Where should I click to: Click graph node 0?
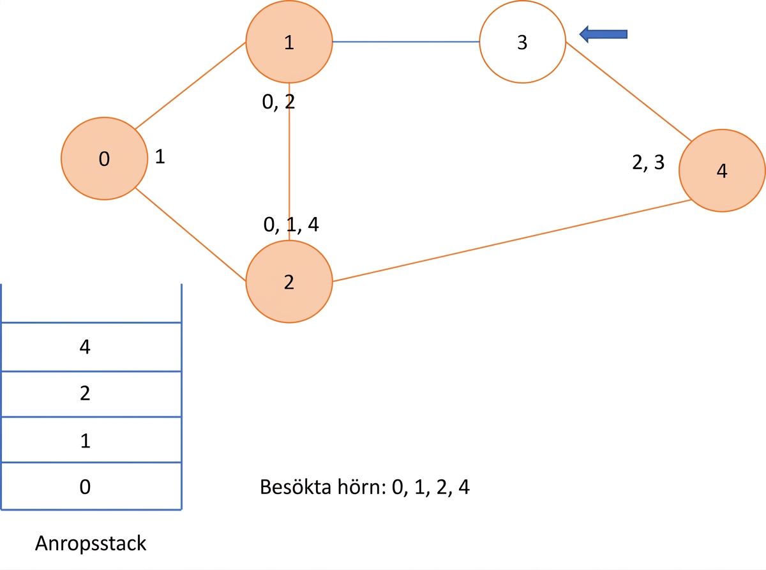(x=104, y=158)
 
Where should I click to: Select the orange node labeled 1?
(x=289, y=41)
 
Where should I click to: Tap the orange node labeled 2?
(x=289, y=281)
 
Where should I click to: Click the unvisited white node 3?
(x=523, y=41)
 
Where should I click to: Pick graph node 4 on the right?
(x=722, y=170)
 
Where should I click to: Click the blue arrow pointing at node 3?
(x=603, y=34)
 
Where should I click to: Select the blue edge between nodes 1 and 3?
(x=406, y=41)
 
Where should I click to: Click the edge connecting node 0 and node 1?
(x=190, y=86)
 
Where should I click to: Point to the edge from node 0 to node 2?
(x=190, y=234)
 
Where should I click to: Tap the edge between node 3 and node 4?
(x=629, y=91)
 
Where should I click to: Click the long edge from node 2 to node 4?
(x=512, y=241)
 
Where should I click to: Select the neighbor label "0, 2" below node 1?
(x=278, y=102)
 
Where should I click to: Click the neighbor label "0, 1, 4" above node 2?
(x=291, y=225)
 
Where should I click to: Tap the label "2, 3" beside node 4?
(x=649, y=162)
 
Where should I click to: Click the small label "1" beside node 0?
(x=160, y=156)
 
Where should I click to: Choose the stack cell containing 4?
(x=91, y=347)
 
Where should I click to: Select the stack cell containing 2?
(x=91, y=394)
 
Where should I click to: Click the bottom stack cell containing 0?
(x=91, y=486)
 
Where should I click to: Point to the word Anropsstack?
(x=91, y=544)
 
